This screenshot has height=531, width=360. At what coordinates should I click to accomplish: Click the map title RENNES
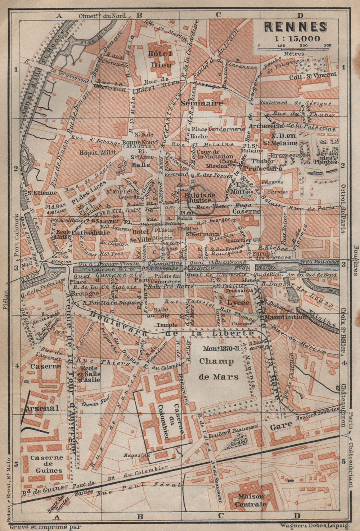[x=296, y=27]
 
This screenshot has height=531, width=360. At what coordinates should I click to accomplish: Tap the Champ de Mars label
[x=219, y=369]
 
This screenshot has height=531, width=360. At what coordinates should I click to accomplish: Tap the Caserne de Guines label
[x=46, y=464]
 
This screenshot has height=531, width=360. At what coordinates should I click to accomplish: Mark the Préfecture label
[x=263, y=168]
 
